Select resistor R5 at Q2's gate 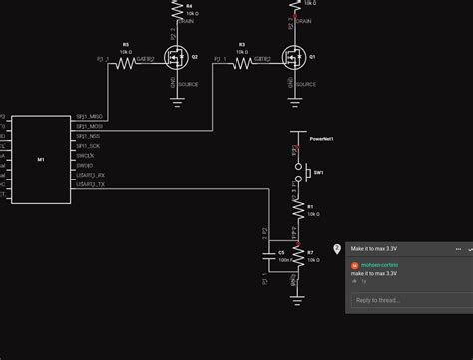pos(125,62)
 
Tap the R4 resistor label pos(190,5)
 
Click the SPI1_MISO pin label pos(89,117)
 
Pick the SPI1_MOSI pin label pos(89,127)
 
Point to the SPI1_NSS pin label pos(88,136)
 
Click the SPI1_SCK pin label pos(88,146)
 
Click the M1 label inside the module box pos(41,159)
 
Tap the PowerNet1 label pos(321,139)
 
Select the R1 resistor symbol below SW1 pos(296,210)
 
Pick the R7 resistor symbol pos(296,256)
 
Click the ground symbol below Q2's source pos(177,100)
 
